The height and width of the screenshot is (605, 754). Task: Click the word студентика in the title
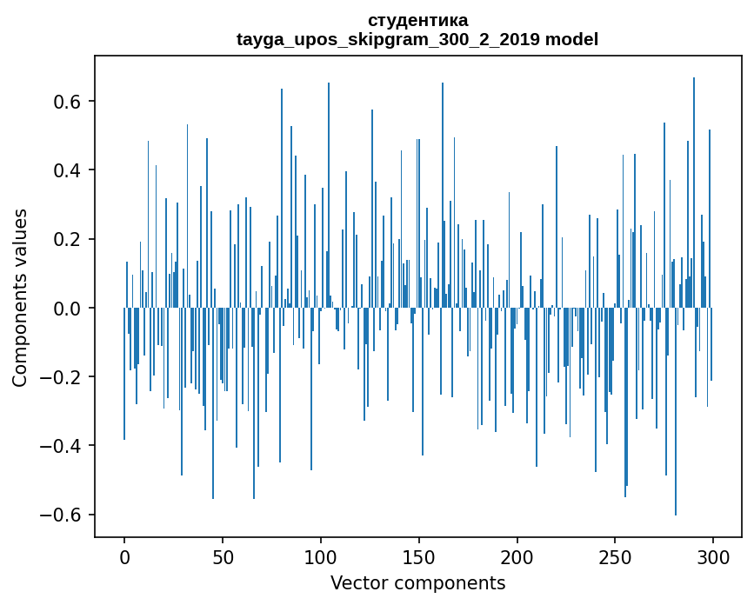pos(417,20)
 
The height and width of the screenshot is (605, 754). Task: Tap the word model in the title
pos(571,39)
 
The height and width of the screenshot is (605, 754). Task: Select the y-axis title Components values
pos(19,297)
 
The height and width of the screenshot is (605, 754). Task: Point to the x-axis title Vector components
pos(417,582)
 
